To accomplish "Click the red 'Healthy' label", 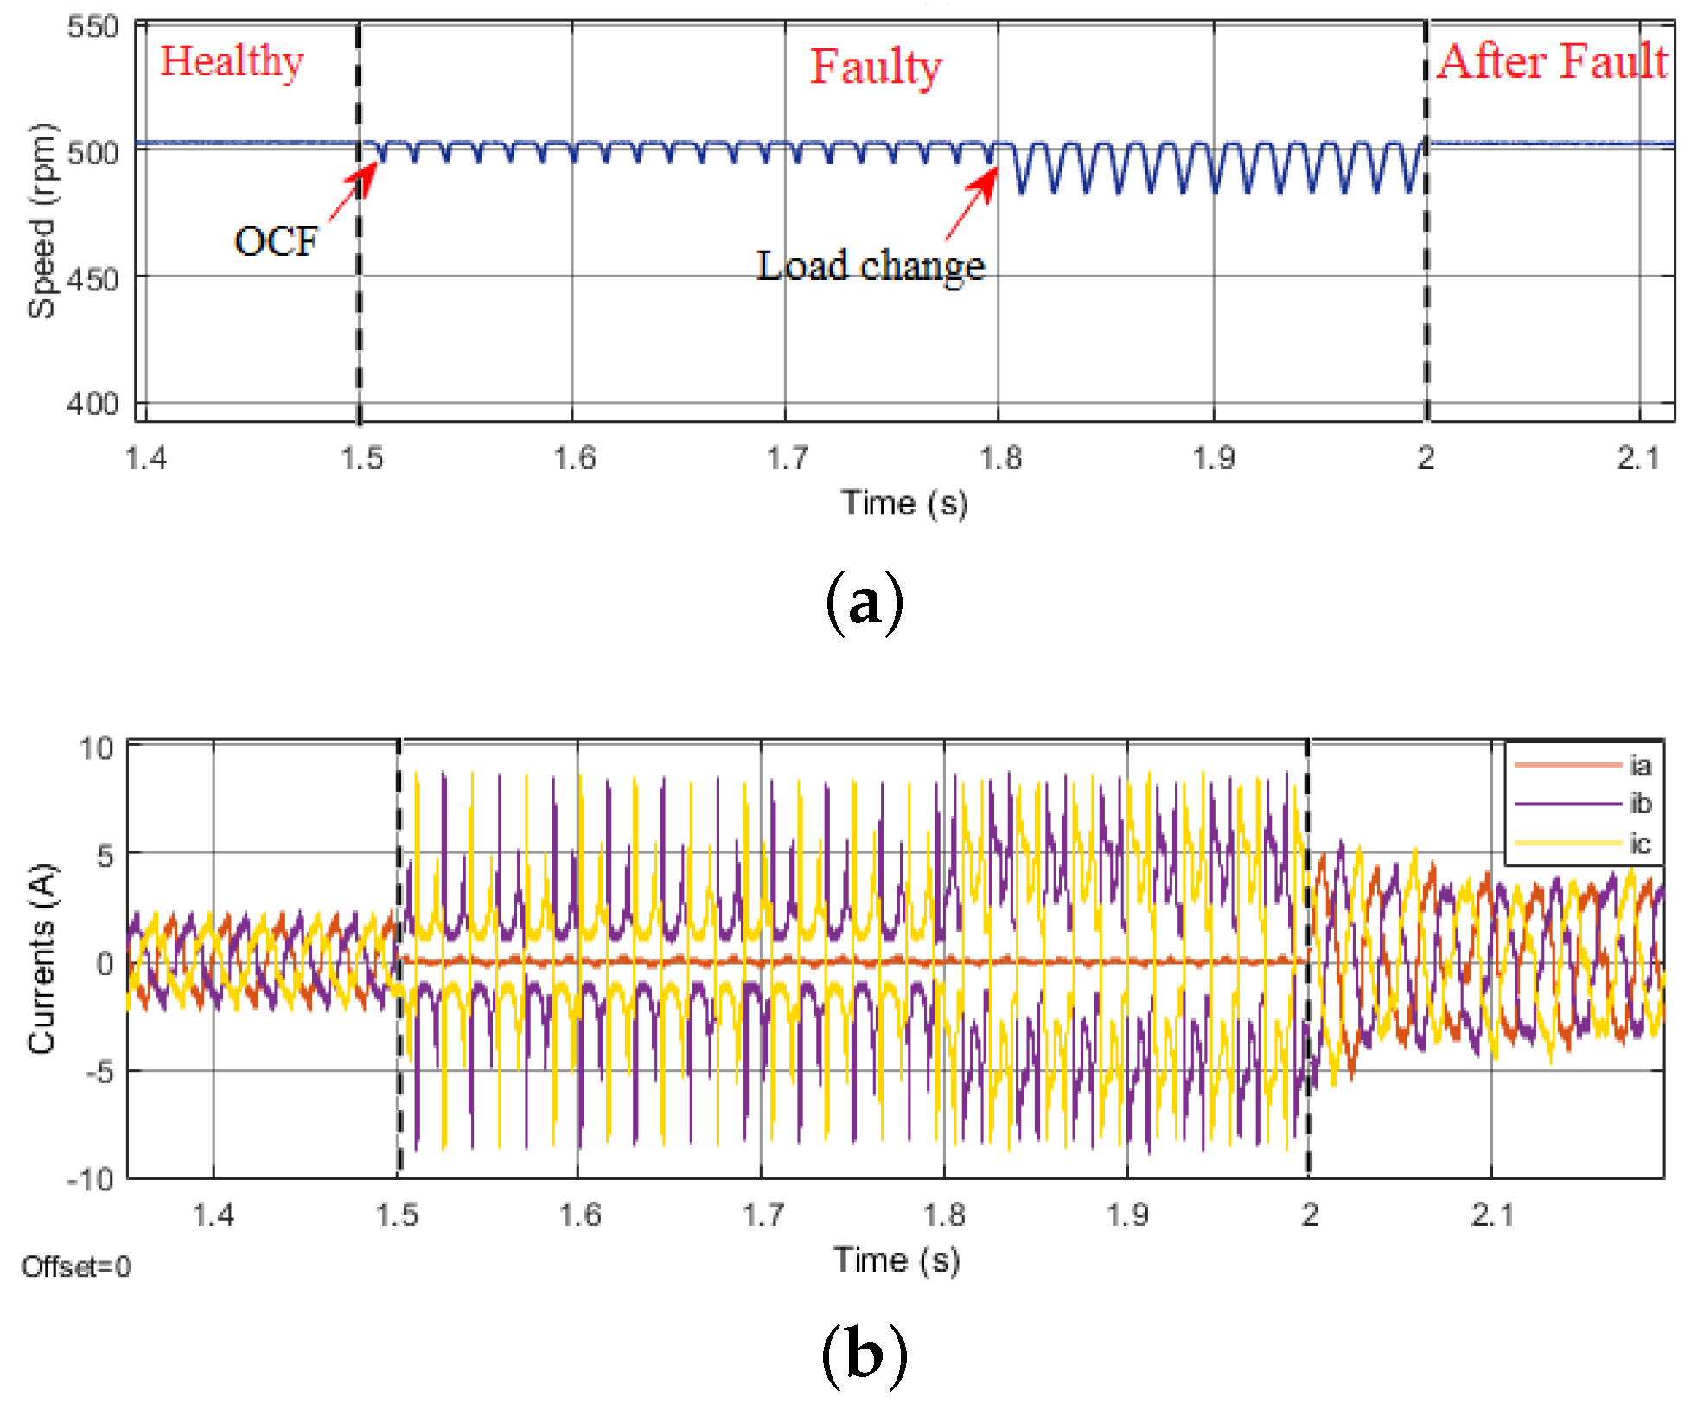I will pos(232,62).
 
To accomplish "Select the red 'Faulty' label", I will pos(875,67).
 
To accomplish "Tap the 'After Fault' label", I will pos(1552,62).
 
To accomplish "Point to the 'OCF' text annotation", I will pos(276,241).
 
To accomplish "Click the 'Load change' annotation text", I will pos(871,265).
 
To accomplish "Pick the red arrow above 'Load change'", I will pos(973,203).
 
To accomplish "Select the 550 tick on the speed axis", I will pos(93,27).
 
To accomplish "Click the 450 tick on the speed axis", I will pos(93,279).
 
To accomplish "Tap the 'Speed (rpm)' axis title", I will pos(41,221).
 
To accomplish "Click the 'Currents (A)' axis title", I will pos(41,959).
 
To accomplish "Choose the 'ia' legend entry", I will pos(1640,765).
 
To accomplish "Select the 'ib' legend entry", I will pos(1640,804).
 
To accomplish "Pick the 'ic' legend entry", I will pos(1640,843).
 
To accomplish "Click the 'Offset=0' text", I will pos(76,1267).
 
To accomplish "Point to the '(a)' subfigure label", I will pos(865,603).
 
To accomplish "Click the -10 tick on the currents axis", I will pos(91,1179).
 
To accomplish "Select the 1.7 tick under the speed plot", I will pos(787,457).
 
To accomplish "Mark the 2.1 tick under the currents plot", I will pos(1493,1215).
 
